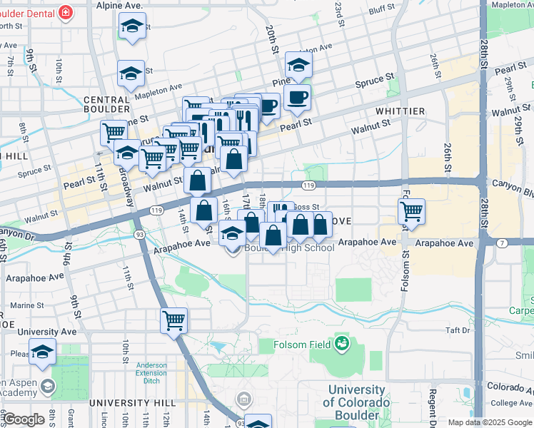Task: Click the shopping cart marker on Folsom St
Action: [x=412, y=211]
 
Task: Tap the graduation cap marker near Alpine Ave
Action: [x=131, y=27]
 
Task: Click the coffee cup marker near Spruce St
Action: [x=297, y=97]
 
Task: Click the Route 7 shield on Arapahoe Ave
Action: [x=502, y=243]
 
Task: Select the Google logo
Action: [x=24, y=419]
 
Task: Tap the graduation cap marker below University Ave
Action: [x=44, y=352]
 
